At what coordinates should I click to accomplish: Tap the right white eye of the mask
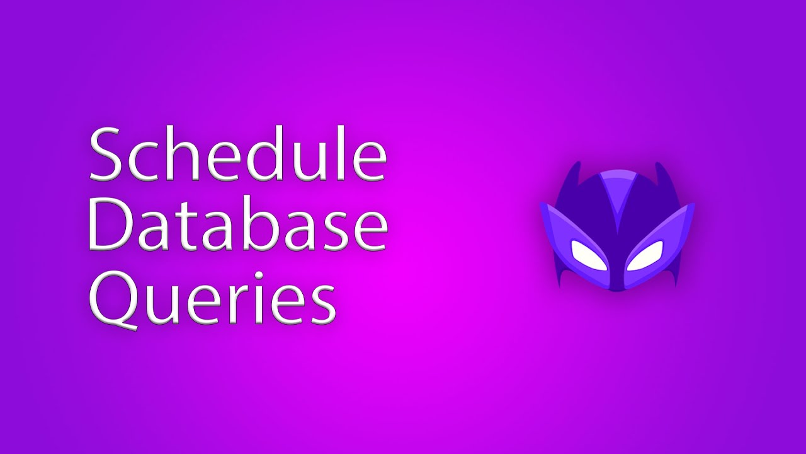tap(645, 255)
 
